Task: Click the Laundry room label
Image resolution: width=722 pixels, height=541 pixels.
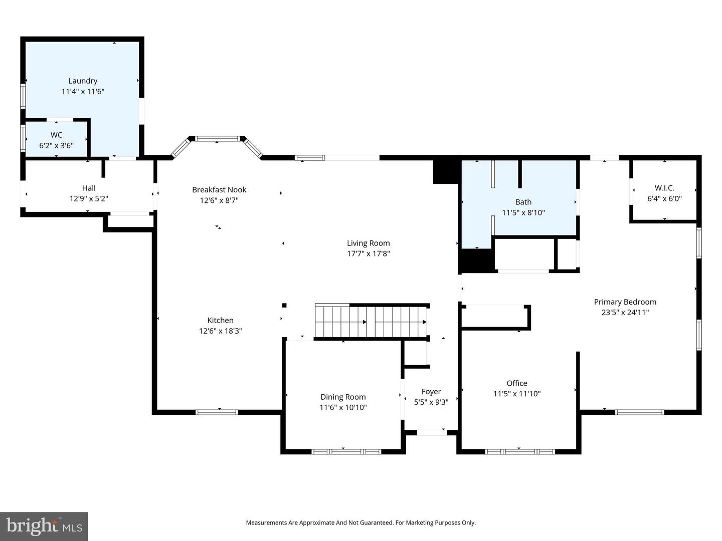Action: coord(83,81)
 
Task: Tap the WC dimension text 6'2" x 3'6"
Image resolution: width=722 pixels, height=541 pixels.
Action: coord(56,146)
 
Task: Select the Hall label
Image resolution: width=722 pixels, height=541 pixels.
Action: coord(89,188)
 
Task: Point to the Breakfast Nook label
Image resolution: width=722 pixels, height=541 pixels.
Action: coord(219,189)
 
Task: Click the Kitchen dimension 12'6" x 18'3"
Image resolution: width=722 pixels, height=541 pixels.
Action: coord(220,331)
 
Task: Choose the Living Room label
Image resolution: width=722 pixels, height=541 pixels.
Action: coord(368,243)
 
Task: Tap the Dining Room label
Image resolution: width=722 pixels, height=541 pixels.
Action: coord(343,397)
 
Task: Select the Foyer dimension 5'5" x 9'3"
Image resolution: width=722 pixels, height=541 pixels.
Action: coord(431,402)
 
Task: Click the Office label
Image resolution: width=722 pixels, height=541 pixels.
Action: coord(516,383)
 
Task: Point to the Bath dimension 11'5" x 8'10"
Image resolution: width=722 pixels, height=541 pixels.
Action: coord(523,212)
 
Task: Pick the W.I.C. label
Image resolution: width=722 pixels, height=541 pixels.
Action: coord(664,188)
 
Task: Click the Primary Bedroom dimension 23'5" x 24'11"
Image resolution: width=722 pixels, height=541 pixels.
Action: coord(625,313)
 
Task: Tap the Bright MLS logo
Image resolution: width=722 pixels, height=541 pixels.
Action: coord(44,526)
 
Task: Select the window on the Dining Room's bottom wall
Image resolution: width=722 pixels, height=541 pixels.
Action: coord(346,451)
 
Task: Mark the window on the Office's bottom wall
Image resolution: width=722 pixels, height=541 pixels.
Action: coord(520,451)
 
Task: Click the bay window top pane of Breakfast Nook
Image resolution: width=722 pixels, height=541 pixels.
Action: coord(218,139)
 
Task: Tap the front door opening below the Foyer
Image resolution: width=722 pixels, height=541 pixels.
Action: coord(432,432)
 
